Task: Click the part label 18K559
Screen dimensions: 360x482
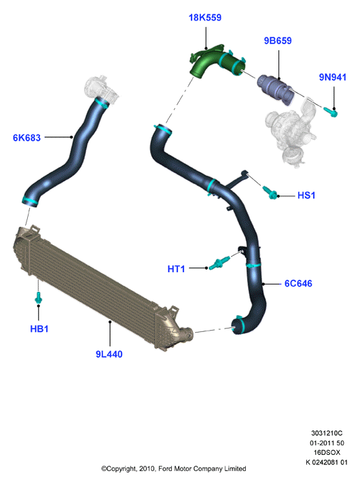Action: click(x=205, y=18)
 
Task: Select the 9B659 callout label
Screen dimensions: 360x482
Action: click(x=278, y=41)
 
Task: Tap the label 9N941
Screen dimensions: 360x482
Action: click(x=333, y=77)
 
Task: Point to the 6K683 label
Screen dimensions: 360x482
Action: click(x=26, y=138)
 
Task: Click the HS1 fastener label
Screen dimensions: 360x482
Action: click(x=306, y=196)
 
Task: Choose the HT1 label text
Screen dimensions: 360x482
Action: click(x=176, y=269)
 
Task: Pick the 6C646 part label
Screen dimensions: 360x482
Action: click(x=298, y=283)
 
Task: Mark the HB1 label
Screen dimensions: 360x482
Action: click(x=39, y=329)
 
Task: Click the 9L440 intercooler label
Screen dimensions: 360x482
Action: click(x=109, y=354)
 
